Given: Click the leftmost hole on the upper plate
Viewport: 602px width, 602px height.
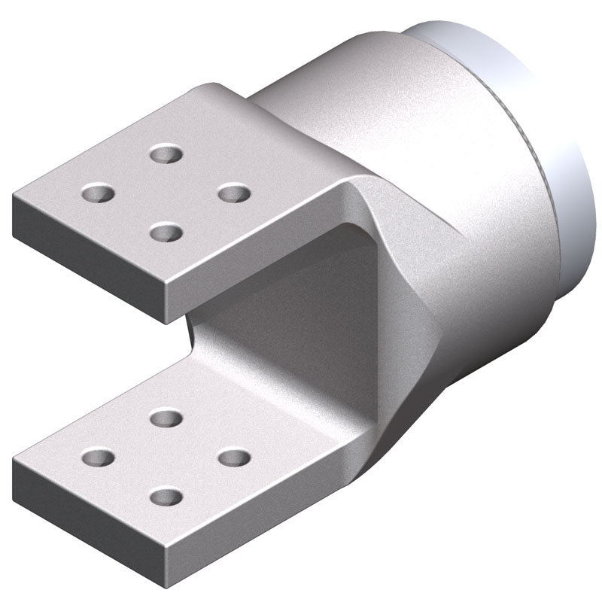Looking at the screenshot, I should point(98,193).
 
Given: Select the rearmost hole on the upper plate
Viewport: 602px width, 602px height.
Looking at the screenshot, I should point(166,154).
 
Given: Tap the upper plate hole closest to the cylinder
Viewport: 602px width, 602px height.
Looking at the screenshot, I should point(234,193).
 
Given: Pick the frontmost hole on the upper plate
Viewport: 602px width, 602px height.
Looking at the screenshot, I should point(166,232).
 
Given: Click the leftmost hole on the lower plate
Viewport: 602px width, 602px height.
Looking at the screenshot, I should point(98,457).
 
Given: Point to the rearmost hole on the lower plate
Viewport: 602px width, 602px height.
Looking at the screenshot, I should point(166,417).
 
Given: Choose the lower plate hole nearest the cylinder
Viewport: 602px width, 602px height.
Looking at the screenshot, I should point(234,457).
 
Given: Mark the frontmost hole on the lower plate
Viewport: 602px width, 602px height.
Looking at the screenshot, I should point(166,497).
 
